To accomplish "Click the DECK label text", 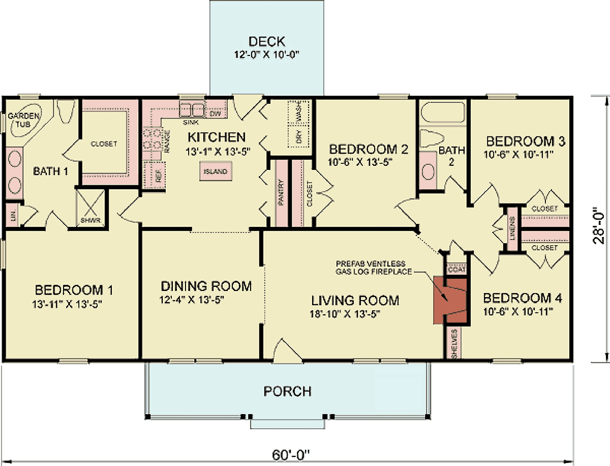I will [267, 41].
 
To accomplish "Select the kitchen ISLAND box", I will [215, 171].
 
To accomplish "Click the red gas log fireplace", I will [449, 300].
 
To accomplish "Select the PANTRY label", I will [281, 193].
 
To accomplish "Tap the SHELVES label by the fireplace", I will [454, 344].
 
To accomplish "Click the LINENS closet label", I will [512, 229].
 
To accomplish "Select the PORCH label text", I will [287, 391].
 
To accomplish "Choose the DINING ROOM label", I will [206, 286].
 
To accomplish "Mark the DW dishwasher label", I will [215, 113].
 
